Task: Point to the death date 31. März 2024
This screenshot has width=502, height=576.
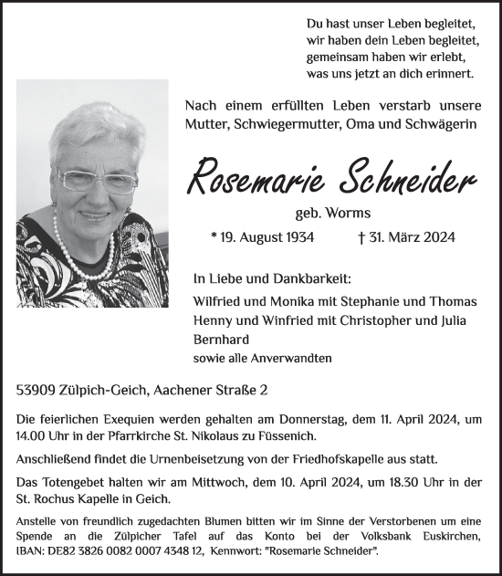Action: (x=407, y=237)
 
